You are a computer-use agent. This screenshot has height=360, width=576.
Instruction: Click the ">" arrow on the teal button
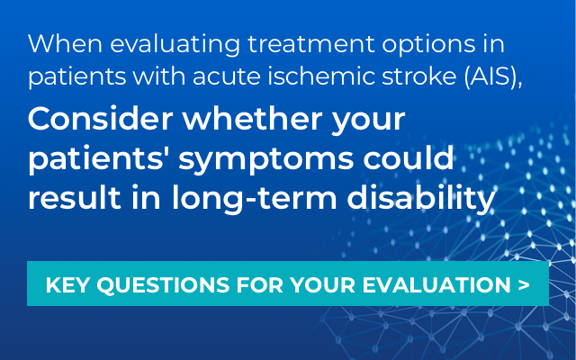click(x=523, y=286)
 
